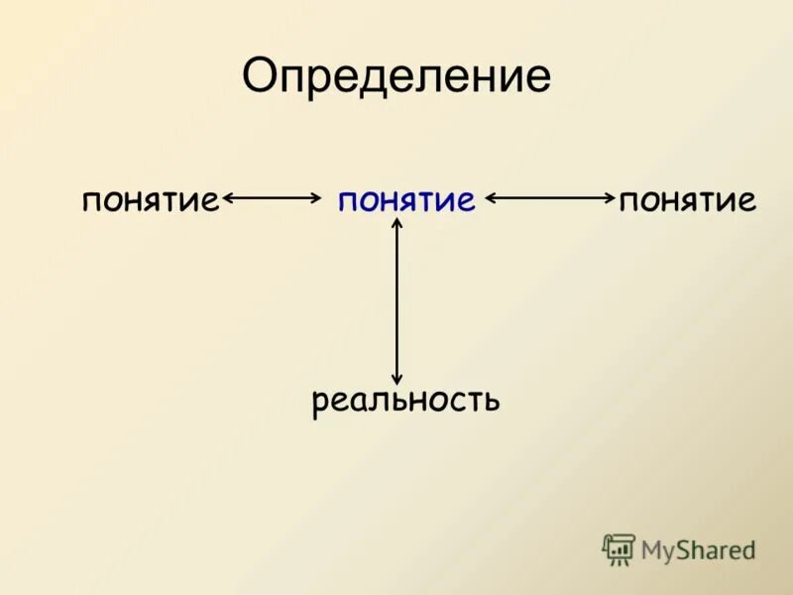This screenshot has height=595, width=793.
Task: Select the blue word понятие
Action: pyautogui.click(x=406, y=201)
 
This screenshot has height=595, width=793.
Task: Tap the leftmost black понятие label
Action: pyautogui.click(x=150, y=201)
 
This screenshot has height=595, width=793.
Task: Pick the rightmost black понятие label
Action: pyautogui.click(x=688, y=201)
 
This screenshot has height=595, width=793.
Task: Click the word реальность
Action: pyautogui.click(x=405, y=401)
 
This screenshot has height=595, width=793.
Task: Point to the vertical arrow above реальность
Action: pyautogui.click(x=397, y=300)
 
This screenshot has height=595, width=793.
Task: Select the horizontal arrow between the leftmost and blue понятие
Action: pyautogui.click(x=272, y=198)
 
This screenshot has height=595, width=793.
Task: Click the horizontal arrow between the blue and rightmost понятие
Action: pyautogui.click(x=550, y=198)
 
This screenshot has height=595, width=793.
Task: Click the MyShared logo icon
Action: pyautogui.click(x=619, y=549)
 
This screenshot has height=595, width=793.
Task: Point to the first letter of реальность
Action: pyautogui.click(x=320, y=404)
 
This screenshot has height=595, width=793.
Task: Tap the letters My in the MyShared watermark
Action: pyautogui.click(x=656, y=550)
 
